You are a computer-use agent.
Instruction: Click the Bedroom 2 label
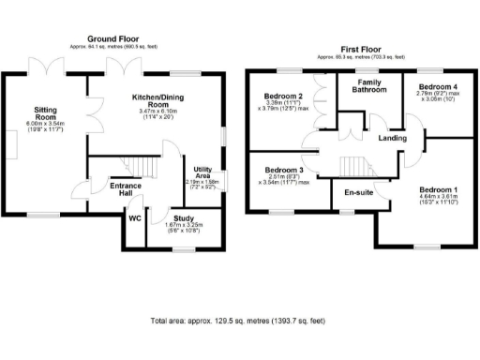point(282,97)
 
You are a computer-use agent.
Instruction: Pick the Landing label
point(392,138)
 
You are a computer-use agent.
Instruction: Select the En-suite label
point(357,193)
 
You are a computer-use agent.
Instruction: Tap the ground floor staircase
point(136,167)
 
